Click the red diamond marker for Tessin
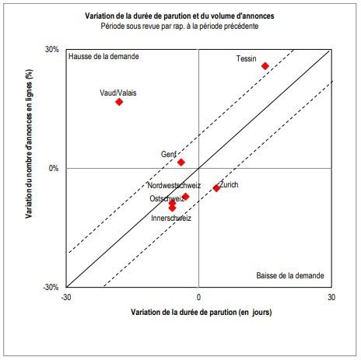(x=265, y=66)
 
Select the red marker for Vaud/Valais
(x=119, y=102)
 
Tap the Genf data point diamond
(x=181, y=162)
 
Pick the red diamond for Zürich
(x=216, y=187)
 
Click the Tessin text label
(x=247, y=58)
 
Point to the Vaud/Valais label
(x=117, y=93)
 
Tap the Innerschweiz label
(x=171, y=218)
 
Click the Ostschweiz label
(x=166, y=199)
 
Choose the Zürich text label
(x=230, y=184)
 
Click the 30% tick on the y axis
(x=52, y=50)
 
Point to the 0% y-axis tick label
(x=54, y=168)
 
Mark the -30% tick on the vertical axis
(x=51, y=287)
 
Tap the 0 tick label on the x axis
(x=199, y=297)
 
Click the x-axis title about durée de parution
(x=200, y=311)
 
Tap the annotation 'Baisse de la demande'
(x=289, y=276)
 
